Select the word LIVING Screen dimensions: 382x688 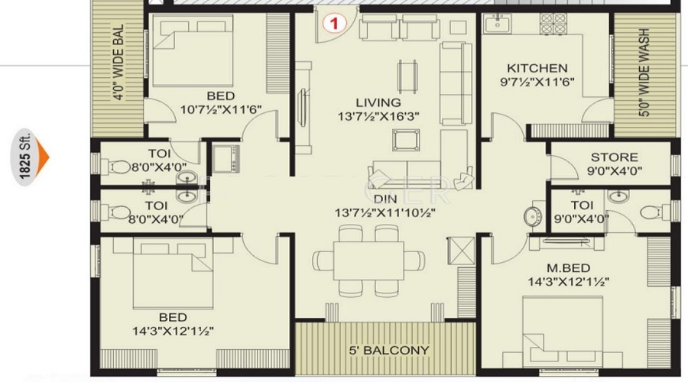[x=378, y=102]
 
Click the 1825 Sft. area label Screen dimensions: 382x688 [x=24, y=157]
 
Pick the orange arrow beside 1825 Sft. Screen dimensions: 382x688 [x=43, y=157]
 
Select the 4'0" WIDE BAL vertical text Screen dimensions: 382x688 [x=118, y=66]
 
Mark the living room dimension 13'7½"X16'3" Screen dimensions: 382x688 [x=378, y=117]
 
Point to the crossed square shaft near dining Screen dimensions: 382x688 [x=463, y=249]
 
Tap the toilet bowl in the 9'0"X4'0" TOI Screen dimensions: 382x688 [x=648, y=212]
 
